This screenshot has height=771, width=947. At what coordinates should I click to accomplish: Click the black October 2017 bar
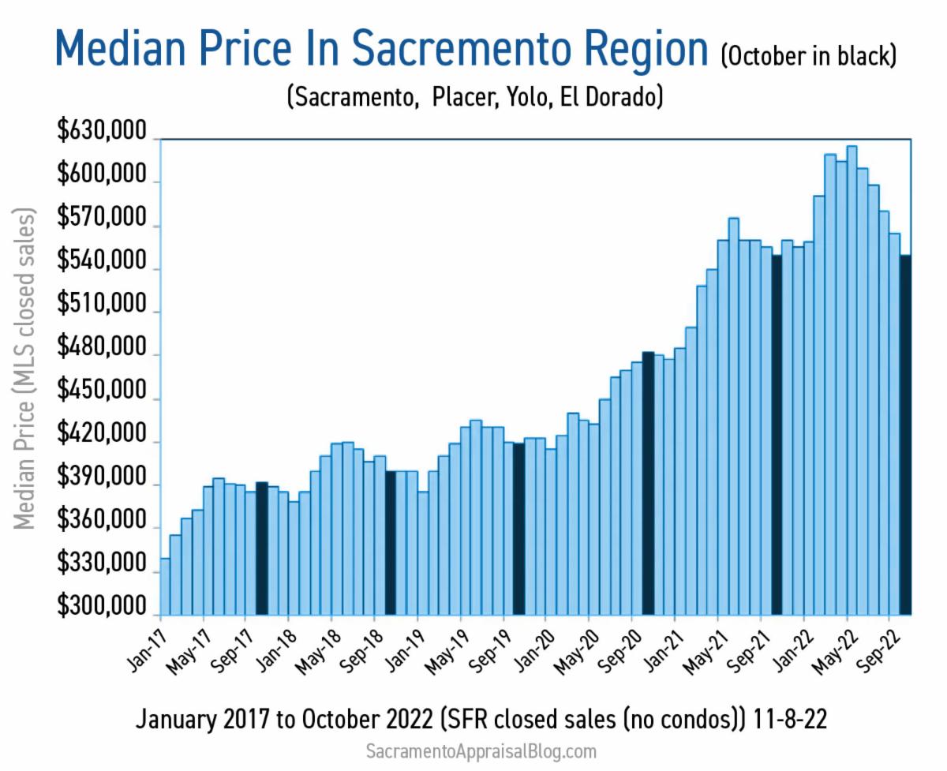262,548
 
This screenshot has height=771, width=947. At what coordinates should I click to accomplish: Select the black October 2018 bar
390,543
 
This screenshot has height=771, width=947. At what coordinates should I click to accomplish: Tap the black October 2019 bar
518,529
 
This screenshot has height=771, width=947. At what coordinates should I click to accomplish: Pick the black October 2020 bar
648,483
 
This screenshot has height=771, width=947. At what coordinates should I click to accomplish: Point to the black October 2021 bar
777,435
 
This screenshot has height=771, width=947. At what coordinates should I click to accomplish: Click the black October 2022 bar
905,435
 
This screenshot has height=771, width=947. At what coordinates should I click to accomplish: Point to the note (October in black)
809,56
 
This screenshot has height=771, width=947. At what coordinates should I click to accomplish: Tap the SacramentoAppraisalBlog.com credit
481,750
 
